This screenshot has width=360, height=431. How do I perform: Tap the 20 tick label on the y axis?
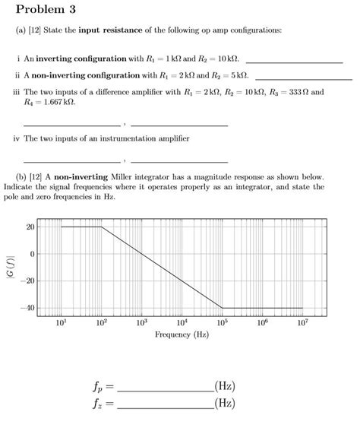click(30, 227)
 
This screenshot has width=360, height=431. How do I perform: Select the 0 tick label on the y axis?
click(31, 254)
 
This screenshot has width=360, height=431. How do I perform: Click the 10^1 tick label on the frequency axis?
click(62, 323)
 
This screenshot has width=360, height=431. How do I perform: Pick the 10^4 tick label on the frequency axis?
click(182, 323)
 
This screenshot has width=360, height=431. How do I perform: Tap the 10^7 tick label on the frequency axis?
click(302, 323)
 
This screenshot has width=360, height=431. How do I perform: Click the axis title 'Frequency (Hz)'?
click(182, 334)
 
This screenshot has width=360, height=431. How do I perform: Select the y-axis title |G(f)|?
click(9, 268)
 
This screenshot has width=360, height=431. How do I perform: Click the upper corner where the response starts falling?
click(102, 227)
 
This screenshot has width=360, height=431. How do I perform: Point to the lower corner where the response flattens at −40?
click(222, 308)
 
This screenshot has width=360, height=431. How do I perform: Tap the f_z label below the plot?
click(99, 404)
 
